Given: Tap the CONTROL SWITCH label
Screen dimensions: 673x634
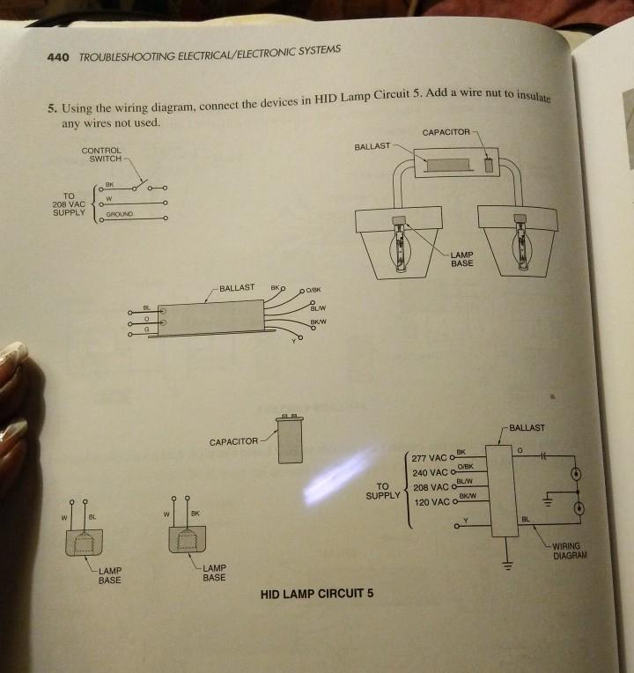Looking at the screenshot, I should (x=105, y=155).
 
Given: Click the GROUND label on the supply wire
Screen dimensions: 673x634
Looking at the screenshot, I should (x=120, y=214).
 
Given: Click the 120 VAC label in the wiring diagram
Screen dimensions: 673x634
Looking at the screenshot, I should (x=431, y=503).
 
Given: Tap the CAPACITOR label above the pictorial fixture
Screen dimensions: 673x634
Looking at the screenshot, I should (x=446, y=132).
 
